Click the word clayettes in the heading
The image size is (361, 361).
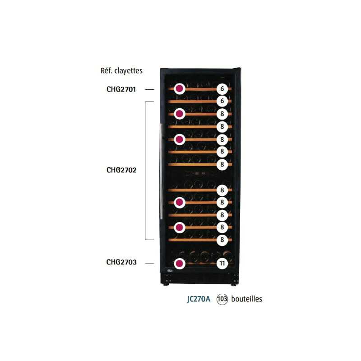tap(129, 71)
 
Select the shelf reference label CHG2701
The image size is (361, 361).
tap(121, 89)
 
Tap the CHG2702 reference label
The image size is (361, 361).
tap(121, 170)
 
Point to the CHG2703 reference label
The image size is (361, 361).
tap(121, 262)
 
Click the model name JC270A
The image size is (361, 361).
tap(199, 299)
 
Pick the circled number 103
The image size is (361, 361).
tap(222, 299)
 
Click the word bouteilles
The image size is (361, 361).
tap(246, 299)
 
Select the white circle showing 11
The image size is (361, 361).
tap(222, 264)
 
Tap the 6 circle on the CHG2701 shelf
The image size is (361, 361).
tap(222, 88)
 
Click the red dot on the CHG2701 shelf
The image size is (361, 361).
tap(180, 88)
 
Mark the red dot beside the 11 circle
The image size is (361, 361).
tap(180, 264)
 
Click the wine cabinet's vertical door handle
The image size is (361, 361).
tap(161, 171)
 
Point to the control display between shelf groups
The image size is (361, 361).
tap(197, 174)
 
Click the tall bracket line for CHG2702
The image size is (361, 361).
tap(145, 171)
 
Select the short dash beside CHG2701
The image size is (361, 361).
tap(150, 89)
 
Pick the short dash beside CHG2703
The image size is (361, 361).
tap(150, 264)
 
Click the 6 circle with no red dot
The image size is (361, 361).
tap(222, 101)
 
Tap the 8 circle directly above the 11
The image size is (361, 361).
tap(222, 240)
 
